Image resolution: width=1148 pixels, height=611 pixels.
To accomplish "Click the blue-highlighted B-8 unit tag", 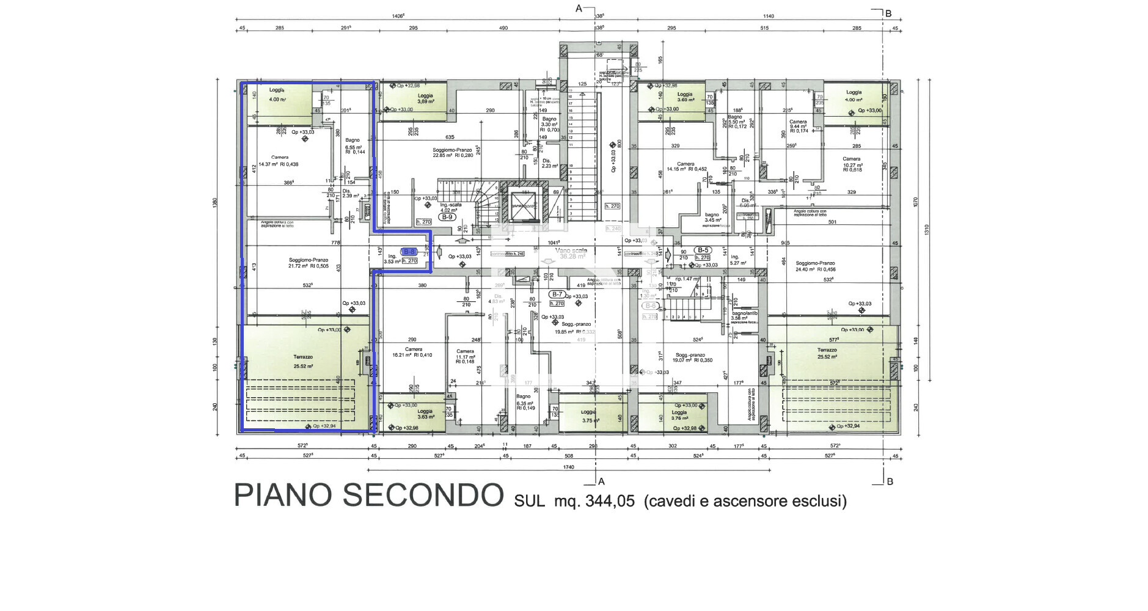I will pyautogui.click(x=409, y=252).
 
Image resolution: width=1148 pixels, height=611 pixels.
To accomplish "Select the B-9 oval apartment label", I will pyautogui.click(x=447, y=217).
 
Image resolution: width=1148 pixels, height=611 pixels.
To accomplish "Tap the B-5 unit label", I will pyautogui.click(x=703, y=250).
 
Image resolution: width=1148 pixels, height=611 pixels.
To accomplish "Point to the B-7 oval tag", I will pyautogui.click(x=557, y=295).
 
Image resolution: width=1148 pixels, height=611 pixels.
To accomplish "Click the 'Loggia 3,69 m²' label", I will pyautogui.click(x=425, y=98).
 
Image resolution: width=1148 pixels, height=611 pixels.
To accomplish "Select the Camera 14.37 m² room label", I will pyautogui.click(x=279, y=161).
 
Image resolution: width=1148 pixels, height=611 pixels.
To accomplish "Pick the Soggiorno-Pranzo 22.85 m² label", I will pyautogui.click(x=453, y=153).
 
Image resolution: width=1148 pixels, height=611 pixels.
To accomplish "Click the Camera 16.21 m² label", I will pyautogui.click(x=414, y=352).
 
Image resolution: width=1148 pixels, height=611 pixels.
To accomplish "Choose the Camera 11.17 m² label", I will pyautogui.click(x=465, y=356).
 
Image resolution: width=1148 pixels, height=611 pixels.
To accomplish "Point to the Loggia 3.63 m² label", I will pyautogui.click(x=425, y=414).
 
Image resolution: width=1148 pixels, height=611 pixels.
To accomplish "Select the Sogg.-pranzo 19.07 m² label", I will pyautogui.click(x=690, y=357).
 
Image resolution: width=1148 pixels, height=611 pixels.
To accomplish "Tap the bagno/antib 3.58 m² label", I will pyautogui.click(x=744, y=315).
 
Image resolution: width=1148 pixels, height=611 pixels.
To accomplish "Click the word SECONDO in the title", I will pyautogui.click(x=423, y=495).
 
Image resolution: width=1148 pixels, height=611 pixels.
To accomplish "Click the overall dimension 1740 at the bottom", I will pyautogui.click(x=568, y=467).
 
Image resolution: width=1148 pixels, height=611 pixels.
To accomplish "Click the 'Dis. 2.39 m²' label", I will pyautogui.click(x=350, y=193).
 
